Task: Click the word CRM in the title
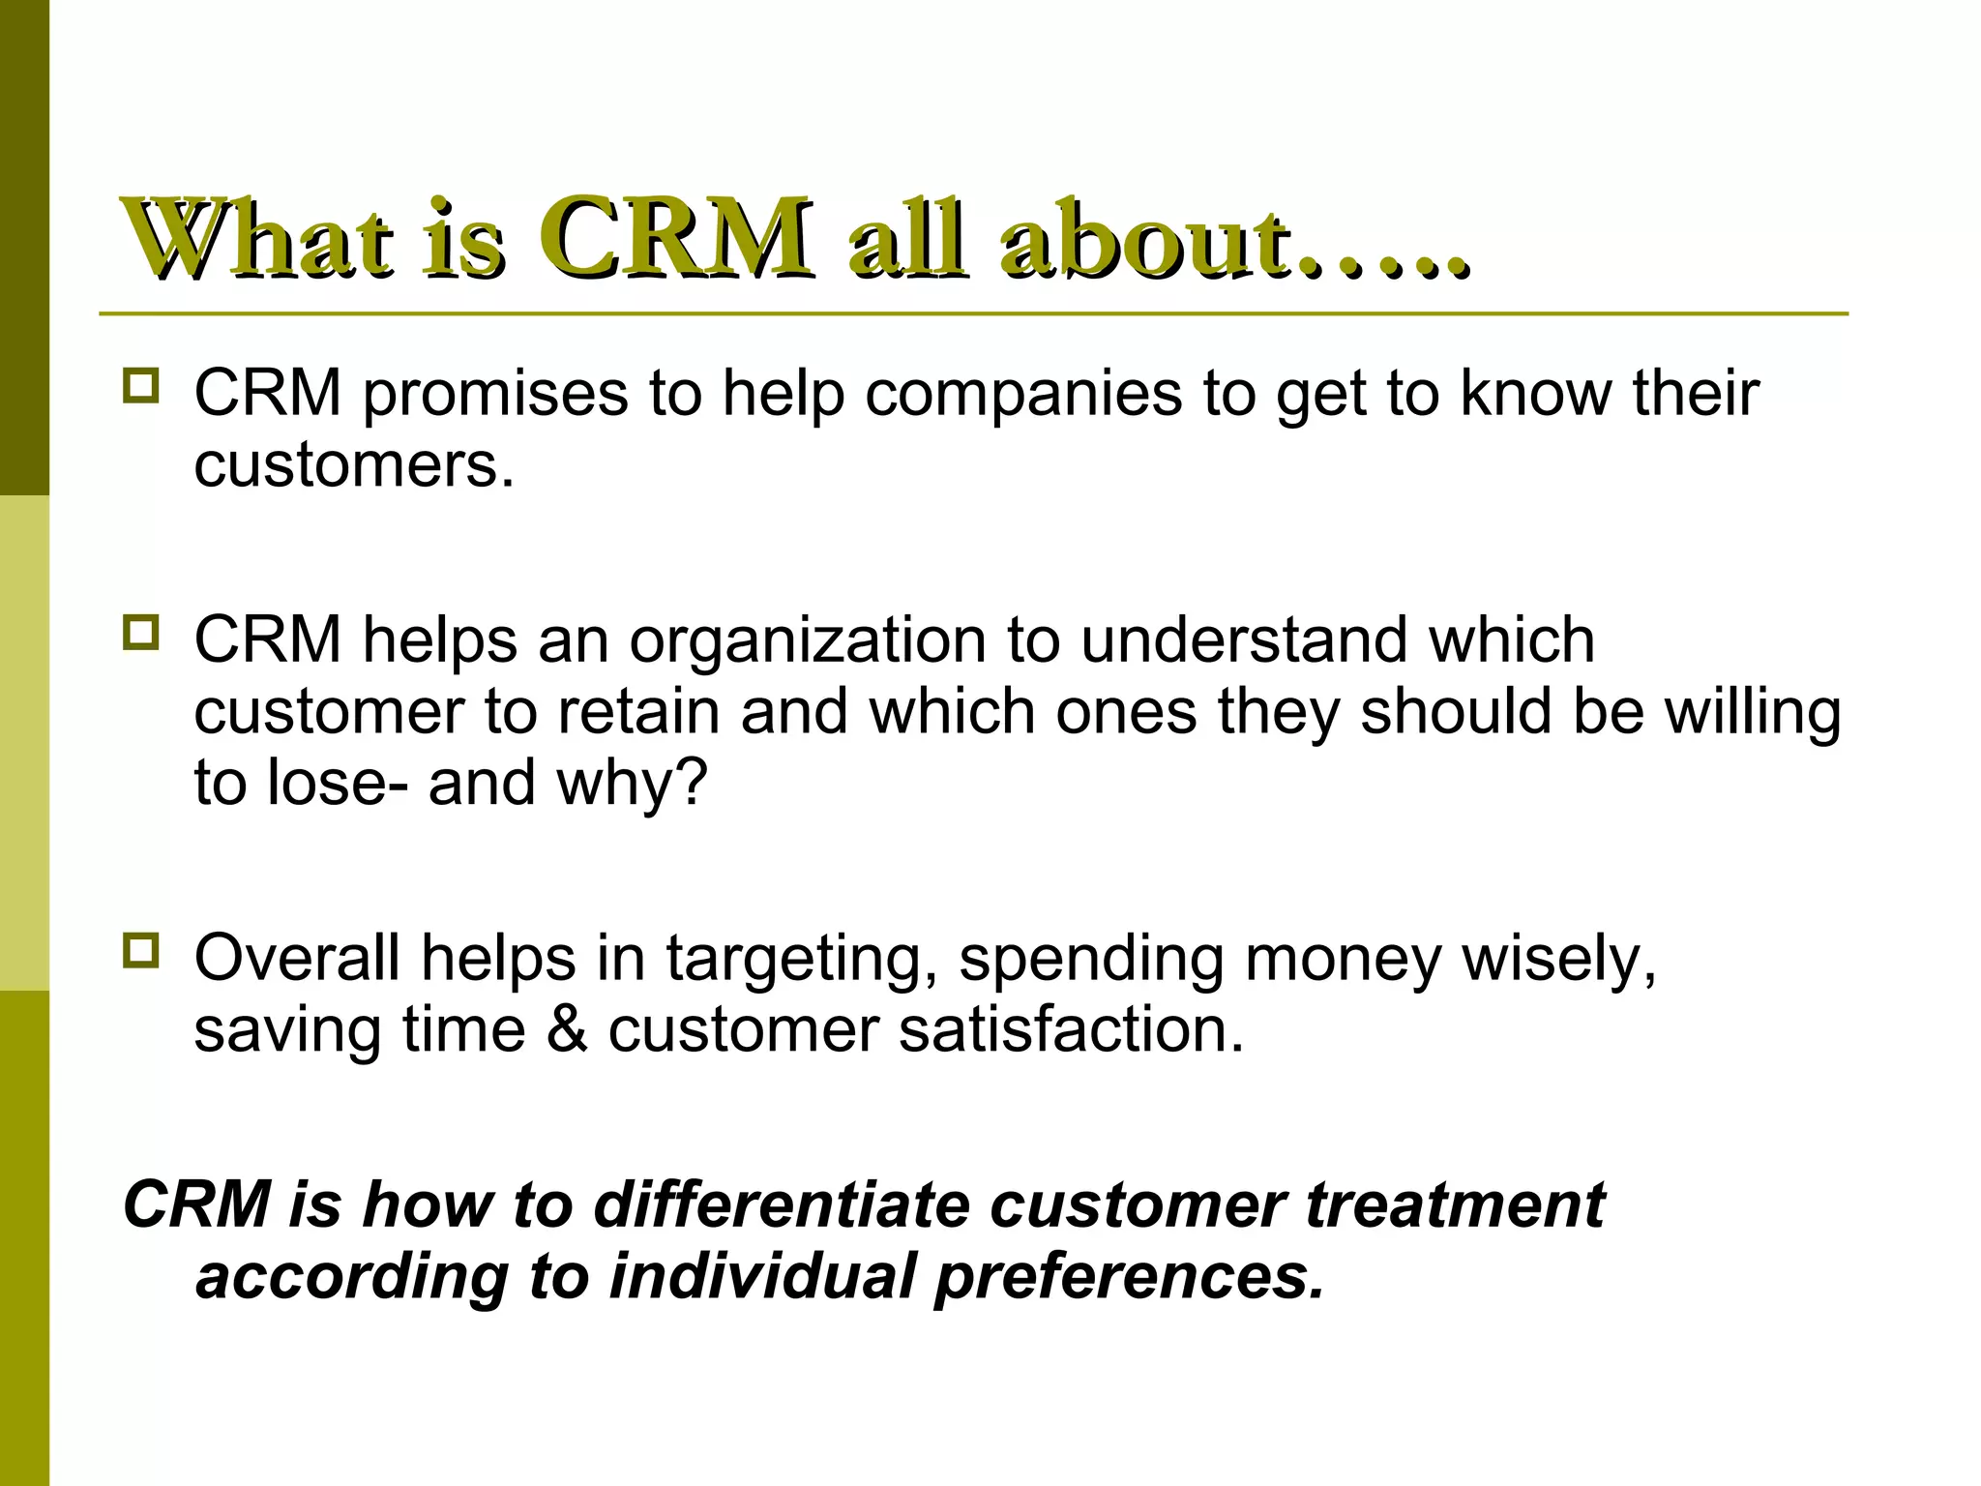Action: click(674, 238)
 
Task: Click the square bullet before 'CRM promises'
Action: click(141, 386)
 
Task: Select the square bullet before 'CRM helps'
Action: click(141, 633)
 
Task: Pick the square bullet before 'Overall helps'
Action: click(141, 950)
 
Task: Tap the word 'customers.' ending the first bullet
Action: click(354, 466)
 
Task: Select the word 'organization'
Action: click(808, 641)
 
